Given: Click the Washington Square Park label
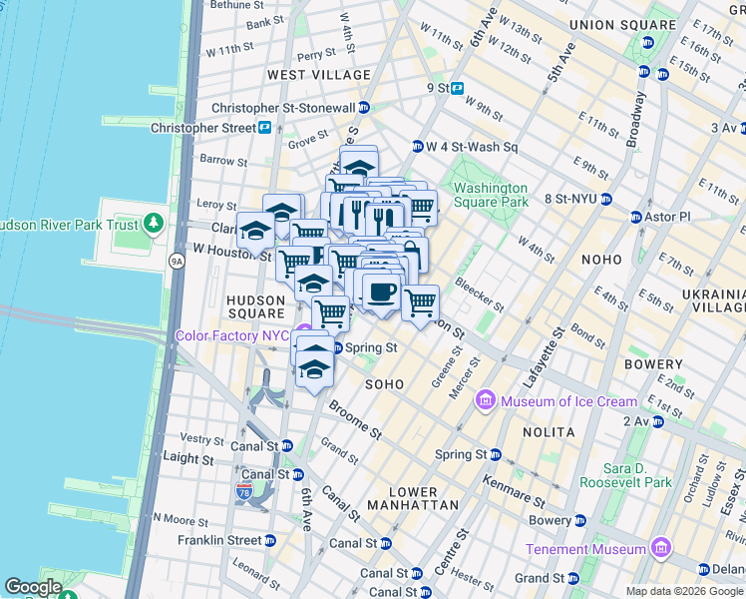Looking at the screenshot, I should pos(490,195).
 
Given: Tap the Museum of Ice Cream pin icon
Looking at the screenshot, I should pos(487,401).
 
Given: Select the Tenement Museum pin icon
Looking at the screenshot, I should pos(660,548).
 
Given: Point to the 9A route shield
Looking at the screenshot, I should pos(177,262).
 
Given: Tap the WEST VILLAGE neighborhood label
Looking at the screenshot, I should pos(319,75).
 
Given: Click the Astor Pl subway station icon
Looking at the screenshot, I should pos(635,217).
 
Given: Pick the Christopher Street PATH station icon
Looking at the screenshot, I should pos(265,128).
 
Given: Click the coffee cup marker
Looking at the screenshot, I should pos(381,293).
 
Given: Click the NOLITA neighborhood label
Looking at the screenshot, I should pos(548,432).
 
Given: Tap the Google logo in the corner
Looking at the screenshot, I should pos(33,587).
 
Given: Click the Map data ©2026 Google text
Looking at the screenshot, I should pos(684,591).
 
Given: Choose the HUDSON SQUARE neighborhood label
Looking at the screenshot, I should pos(256,306).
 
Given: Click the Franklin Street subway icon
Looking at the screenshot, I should pos(270,540).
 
